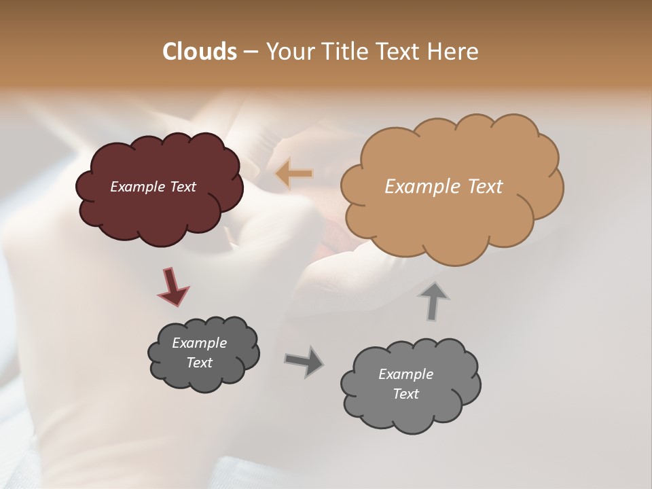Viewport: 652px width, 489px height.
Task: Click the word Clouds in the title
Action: pos(200,52)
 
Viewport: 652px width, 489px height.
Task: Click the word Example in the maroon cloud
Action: pos(138,187)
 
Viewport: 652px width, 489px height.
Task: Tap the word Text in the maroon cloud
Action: pos(183,187)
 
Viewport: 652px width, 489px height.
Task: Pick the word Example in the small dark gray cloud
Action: pos(199,343)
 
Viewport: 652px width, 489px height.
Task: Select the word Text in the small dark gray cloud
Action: pos(199,363)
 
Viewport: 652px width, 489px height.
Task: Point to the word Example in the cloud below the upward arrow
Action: pos(405,374)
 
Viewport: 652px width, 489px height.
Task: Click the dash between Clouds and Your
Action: pos(251,52)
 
